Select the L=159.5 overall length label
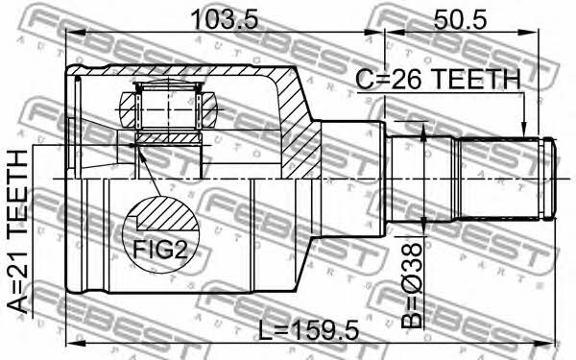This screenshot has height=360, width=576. pyautogui.click(x=308, y=330)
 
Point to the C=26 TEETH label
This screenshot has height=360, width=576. pyautogui.click(x=439, y=79)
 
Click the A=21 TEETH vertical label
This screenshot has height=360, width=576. pyautogui.click(x=17, y=231)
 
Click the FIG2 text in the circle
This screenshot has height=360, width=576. pyautogui.click(x=160, y=250)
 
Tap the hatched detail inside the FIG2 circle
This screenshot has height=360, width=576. pyautogui.click(x=166, y=215)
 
